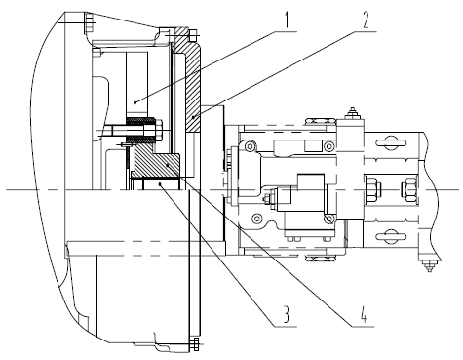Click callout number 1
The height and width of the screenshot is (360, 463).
(286, 21)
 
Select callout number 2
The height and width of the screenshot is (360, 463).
(366, 21)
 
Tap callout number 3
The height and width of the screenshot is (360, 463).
(286, 315)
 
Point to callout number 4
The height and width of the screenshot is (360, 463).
(364, 315)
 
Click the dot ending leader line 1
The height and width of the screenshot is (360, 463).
(135, 102)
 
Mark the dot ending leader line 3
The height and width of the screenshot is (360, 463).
(160, 184)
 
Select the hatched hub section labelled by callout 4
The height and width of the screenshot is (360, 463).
(158, 162)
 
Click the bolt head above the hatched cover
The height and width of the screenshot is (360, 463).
(193, 35)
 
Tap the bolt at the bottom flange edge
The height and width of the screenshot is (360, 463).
(194, 344)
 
